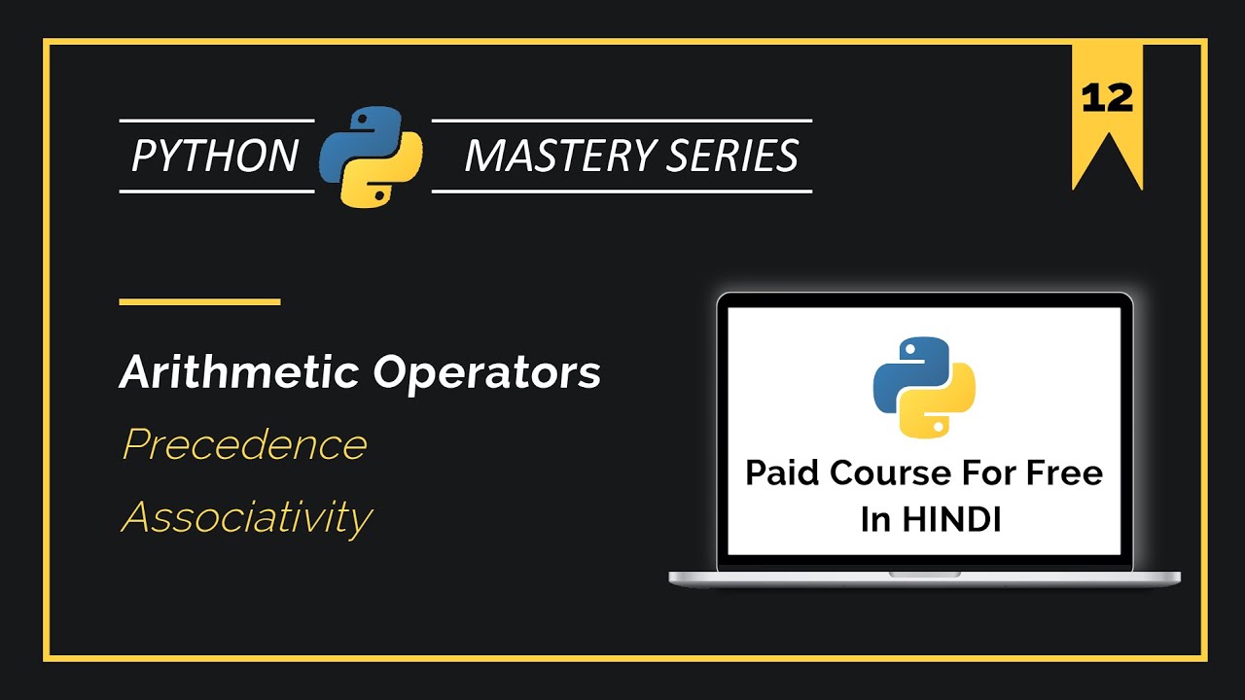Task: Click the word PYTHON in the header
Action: (x=215, y=156)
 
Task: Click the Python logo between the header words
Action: (x=372, y=156)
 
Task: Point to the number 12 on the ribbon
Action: (x=1107, y=98)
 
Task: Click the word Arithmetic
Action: (x=238, y=372)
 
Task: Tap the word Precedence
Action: (x=244, y=445)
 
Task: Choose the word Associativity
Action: (x=246, y=518)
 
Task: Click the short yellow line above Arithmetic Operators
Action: (x=199, y=301)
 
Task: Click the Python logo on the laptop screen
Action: (x=924, y=386)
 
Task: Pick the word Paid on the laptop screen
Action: (x=783, y=473)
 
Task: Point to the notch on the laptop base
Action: (x=924, y=574)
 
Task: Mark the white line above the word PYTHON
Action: (x=217, y=121)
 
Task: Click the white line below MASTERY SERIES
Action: (x=622, y=192)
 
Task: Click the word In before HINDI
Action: (x=874, y=519)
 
